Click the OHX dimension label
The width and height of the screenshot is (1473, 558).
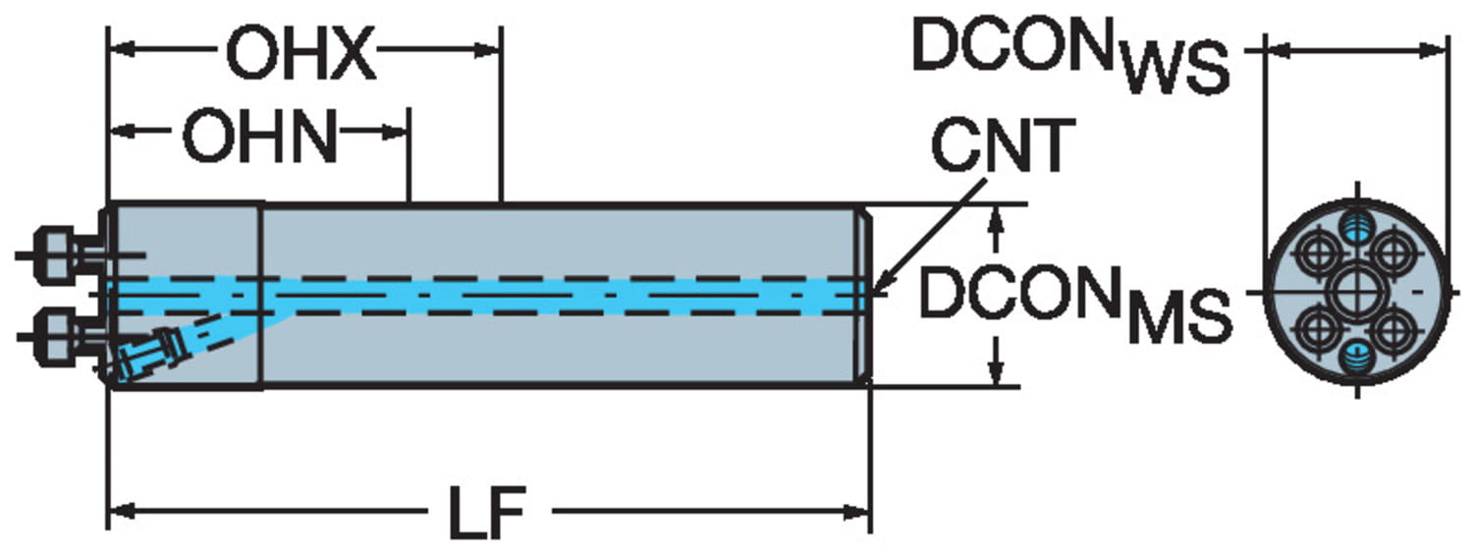[300, 56]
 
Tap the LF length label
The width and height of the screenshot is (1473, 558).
[488, 512]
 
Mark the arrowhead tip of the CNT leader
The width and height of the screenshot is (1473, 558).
[873, 292]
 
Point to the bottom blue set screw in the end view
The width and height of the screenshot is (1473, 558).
[1357, 359]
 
